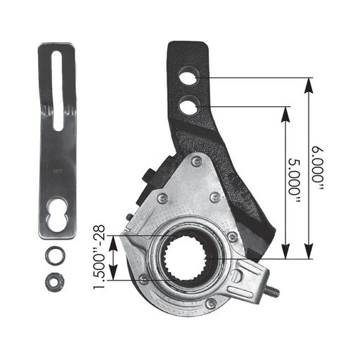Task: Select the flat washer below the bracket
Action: [51, 254]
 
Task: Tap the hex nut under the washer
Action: [51, 281]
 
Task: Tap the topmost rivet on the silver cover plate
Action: [195, 162]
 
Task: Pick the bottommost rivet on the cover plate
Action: [210, 302]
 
